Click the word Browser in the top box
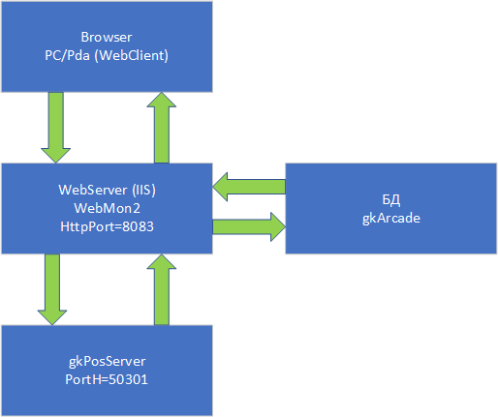pos(107,37)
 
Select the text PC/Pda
pos(67,55)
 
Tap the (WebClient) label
pos(132,55)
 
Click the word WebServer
pos(93,190)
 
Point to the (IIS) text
pos(144,190)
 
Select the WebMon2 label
pos(108,208)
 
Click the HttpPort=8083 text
pos(107,226)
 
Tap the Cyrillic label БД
pos(391,200)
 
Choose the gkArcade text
pos(391,219)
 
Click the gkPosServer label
pos(107,361)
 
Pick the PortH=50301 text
pos(107,379)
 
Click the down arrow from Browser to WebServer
pos(55,128)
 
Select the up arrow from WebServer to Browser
pos(162,128)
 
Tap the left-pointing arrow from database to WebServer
pos(249,187)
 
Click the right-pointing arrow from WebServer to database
pos(249,226)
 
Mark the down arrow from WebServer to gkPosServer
pos(52,289)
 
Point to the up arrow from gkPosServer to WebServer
pos(162,289)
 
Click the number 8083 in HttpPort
pos(138,226)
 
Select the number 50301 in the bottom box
pos(128,379)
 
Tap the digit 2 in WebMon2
pos(137,208)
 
